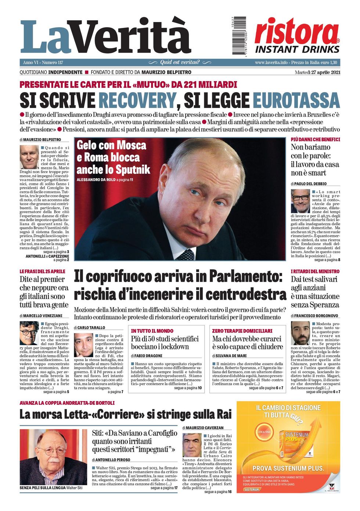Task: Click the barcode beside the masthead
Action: (x=239, y=36)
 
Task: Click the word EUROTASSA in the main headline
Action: (x=296, y=101)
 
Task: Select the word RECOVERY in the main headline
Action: (x=137, y=101)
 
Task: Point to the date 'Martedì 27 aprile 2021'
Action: (x=317, y=72)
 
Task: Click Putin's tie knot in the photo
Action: (x=187, y=254)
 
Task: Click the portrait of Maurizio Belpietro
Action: (x=29, y=157)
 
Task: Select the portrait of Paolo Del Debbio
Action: (x=300, y=201)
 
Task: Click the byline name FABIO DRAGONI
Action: (x=148, y=356)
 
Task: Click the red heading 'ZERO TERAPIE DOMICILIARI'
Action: (x=242, y=331)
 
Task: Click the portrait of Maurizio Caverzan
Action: (x=192, y=445)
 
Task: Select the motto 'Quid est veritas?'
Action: (x=180, y=62)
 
